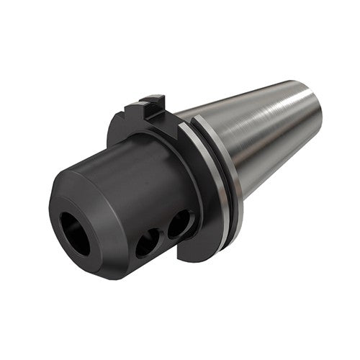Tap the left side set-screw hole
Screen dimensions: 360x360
click(149, 243)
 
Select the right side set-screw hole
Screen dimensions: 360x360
click(180, 225)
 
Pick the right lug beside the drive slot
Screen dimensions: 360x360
click(164, 105)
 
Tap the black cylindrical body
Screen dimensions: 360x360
click(130, 180)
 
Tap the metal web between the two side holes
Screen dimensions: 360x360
click(164, 234)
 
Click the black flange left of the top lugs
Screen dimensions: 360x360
click(119, 133)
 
